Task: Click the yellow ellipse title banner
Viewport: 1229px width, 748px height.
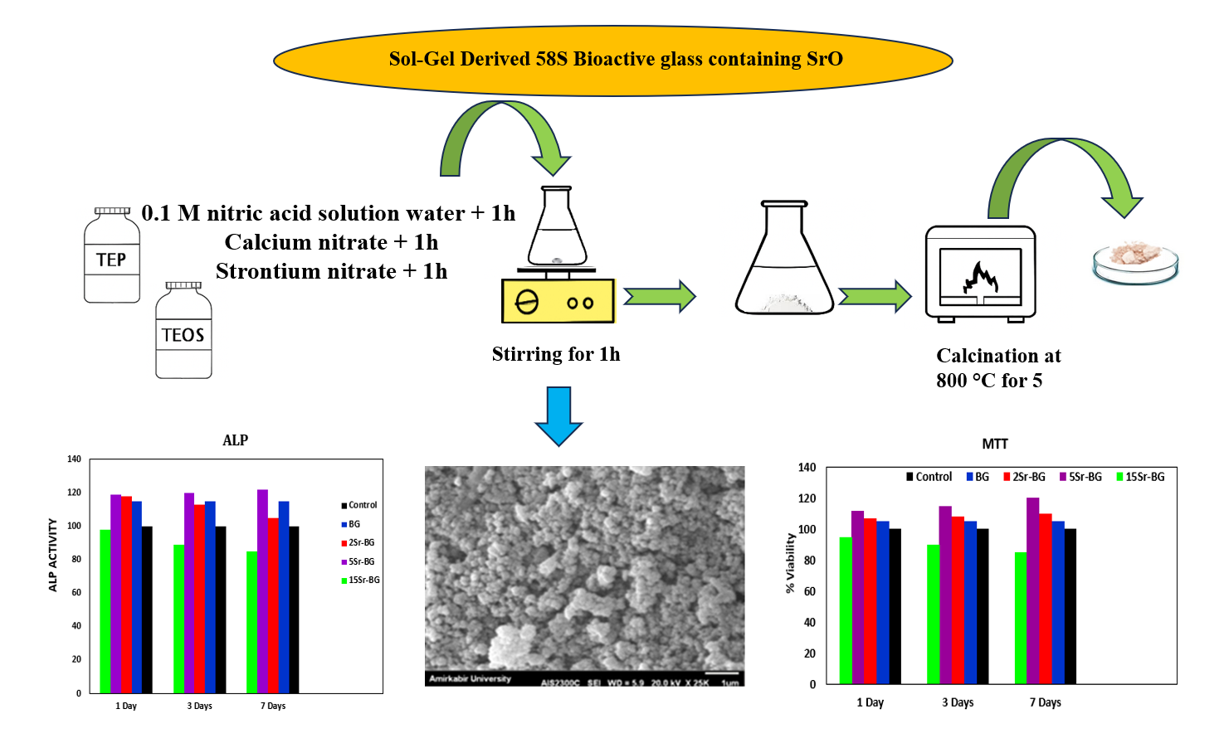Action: pos(613,60)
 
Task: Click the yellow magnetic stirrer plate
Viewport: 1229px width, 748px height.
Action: pos(558,301)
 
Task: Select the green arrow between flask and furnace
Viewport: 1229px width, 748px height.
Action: pos(875,296)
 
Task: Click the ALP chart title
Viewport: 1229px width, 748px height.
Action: pos(235,440)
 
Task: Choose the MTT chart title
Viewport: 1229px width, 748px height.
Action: pos(995,444)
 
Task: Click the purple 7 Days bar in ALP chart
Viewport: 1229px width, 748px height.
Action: pos(262,590)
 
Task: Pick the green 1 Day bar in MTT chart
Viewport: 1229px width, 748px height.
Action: pos(846,610)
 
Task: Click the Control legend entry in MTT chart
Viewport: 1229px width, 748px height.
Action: pos(929,477)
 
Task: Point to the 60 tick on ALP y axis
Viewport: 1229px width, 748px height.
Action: pos(76,592)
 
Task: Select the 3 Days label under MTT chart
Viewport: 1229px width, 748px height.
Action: pos(958,702)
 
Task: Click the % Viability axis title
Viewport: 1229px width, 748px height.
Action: pos(790,563)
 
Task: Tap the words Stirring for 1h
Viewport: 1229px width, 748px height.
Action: pos(556,354)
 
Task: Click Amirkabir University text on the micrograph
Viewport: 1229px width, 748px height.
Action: pos(470,679)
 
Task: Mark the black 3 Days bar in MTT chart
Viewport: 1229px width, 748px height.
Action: pos(983,606)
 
